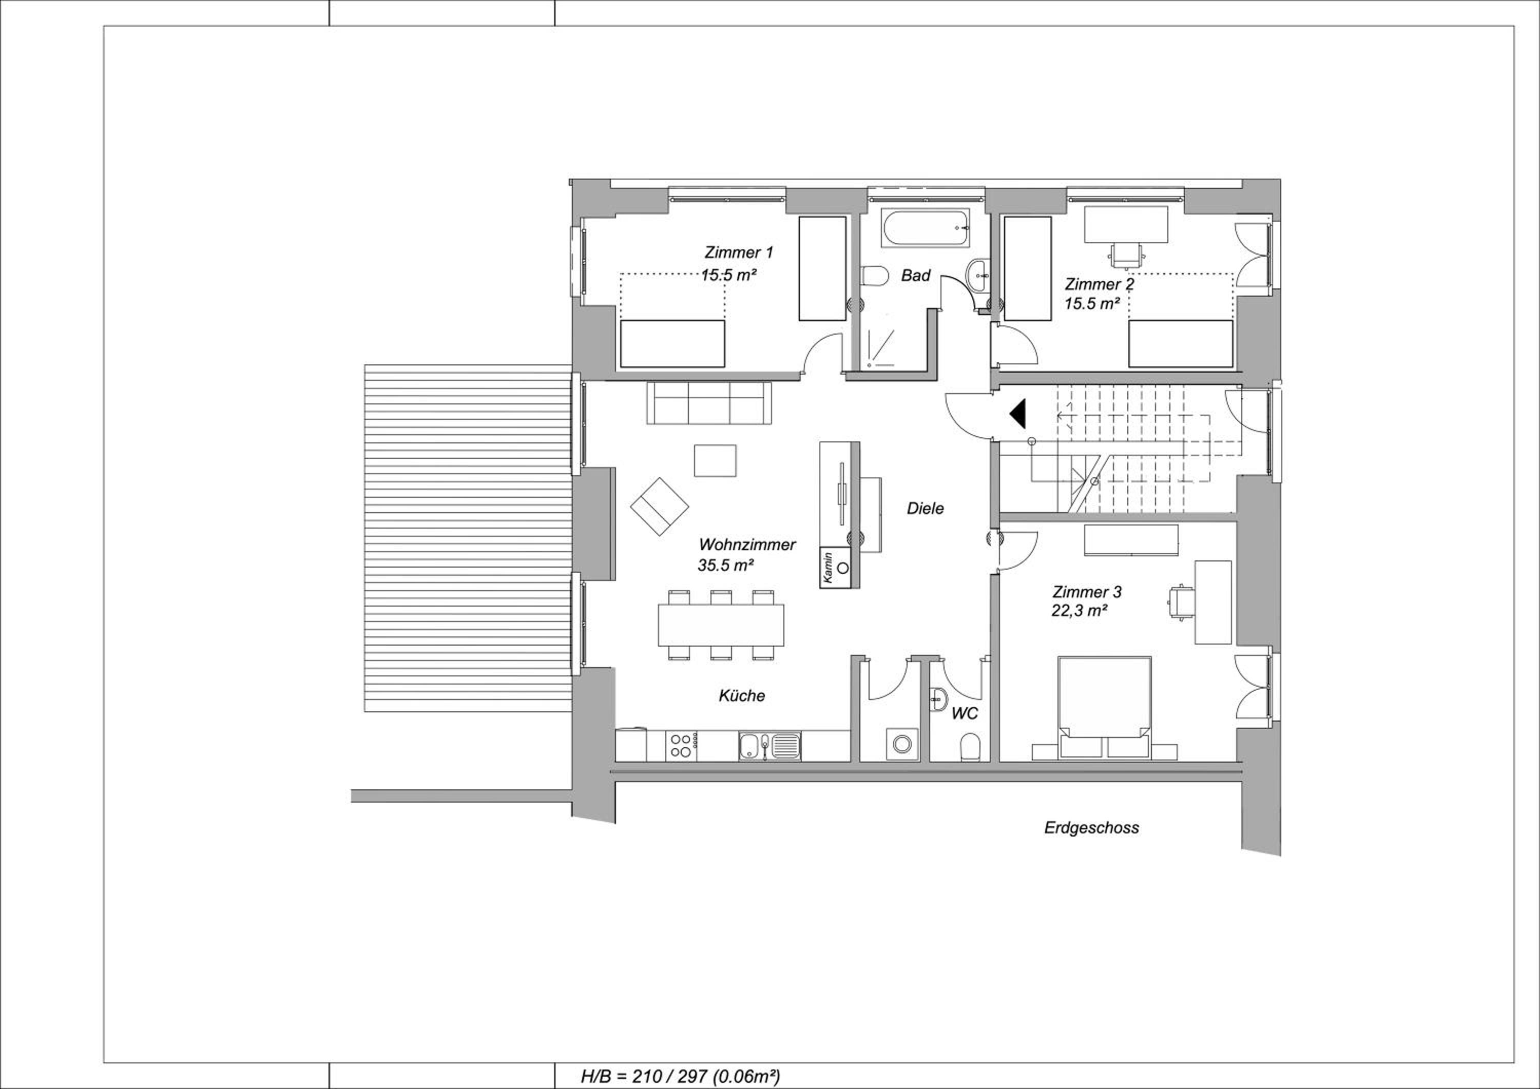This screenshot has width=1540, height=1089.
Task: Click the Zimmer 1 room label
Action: pos(739,253)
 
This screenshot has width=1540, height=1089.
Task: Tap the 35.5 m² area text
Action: pos(726,566)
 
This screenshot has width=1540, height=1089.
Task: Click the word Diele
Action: pos(925,508)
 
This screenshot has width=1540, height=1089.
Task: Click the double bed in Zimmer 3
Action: pos(1104,708)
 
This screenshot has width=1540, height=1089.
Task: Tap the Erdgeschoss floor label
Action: pos(1091,827)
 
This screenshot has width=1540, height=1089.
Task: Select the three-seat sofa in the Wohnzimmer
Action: pos(709,402)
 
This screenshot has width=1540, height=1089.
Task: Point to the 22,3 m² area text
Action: pos(1079,611)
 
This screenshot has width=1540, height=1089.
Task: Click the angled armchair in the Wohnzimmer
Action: pos(659,507)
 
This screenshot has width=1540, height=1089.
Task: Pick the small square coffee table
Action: pos(715,460)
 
